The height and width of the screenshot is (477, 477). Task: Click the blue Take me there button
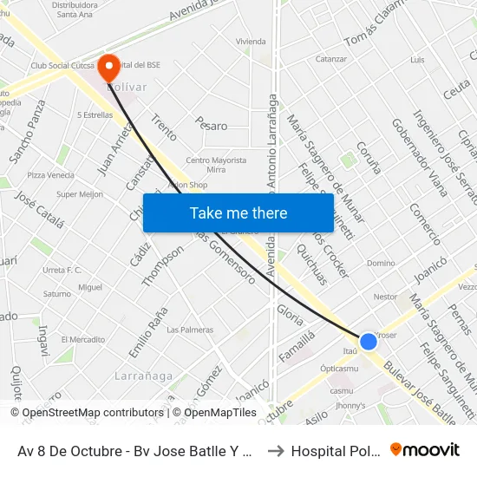(238, 212)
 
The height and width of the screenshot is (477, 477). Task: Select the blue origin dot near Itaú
(368, 341)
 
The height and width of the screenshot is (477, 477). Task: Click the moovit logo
(425, 449)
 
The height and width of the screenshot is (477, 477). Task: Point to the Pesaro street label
(212, 125)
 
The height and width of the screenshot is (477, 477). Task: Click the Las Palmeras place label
(190, 330)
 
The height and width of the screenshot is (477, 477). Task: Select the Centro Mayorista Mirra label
(216, 166)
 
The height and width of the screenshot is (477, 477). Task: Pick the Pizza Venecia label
(50, 175)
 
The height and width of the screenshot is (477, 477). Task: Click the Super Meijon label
(80, 194)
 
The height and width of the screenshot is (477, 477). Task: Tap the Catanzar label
(331, 59)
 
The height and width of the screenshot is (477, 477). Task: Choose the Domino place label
(381, 263)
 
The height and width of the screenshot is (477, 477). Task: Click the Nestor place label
(385, 297)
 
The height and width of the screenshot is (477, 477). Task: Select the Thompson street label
(163, 265)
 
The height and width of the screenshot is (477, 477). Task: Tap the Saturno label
(57, 294)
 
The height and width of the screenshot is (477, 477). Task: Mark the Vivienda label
(252, 41)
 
